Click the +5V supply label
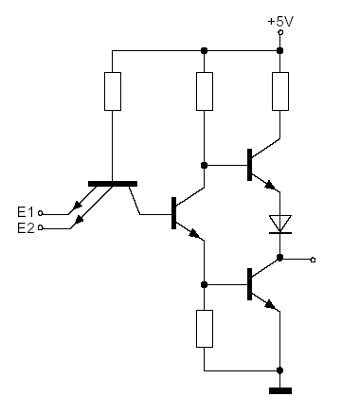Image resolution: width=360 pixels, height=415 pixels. (x=280, y=22)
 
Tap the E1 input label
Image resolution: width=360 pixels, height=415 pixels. (x=26, y=212)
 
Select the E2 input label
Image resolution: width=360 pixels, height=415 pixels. (x=26, y=227)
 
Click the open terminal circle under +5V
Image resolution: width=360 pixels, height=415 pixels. (x=280, y=32)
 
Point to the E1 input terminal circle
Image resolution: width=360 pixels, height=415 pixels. (x=41, y=213)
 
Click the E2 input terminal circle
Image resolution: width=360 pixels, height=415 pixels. (x=41, y=227)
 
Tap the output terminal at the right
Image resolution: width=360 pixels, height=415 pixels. (x=313, y=260)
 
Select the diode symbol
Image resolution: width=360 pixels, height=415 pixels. (x=280, y=225)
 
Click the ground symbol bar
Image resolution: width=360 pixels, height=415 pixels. (x=280, y=391)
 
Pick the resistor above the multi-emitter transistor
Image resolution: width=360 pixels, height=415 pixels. (x=113, y=91)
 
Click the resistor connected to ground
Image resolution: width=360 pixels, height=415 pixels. (x=205, y=329)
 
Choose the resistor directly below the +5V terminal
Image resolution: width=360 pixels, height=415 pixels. (x=280, y=91)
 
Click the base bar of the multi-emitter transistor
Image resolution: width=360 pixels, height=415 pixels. (x=113, y=184)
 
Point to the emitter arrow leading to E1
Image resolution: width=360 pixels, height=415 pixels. (x=76, y=206)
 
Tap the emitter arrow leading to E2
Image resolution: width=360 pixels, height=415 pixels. (x=79, y=219)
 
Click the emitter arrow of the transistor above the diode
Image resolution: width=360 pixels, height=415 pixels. (x=270, y=185)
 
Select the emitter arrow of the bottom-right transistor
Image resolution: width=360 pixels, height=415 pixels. (x=270, y=305)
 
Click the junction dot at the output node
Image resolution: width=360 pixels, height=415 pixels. (x=279, y=258)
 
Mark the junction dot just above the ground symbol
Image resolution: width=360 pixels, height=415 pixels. (x=279, y=370)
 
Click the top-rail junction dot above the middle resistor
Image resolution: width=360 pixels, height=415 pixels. (x=205, y=50)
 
